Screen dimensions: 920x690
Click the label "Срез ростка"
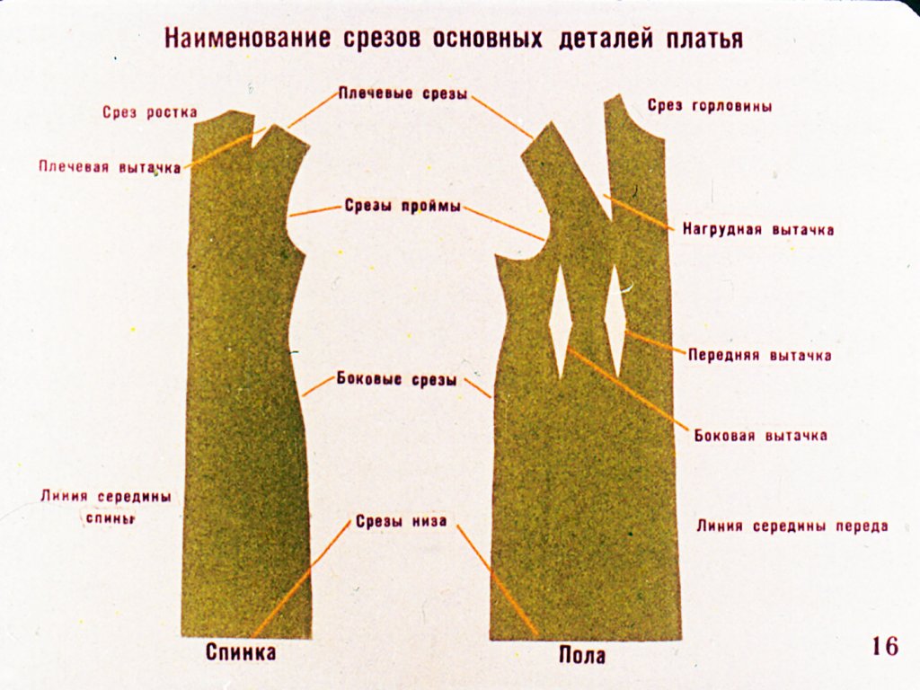point(150,112)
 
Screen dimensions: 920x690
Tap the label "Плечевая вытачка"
point(110,167)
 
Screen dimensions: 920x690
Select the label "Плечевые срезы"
point(403,93)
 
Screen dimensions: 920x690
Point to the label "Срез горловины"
point(710,106)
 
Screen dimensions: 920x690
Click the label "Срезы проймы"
point(402,207)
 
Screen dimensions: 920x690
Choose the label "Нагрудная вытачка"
point(758,229)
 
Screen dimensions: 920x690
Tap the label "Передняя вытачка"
point(760,356)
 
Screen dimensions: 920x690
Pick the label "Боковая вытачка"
point(761,436)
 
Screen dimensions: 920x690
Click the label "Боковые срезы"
point(396,380)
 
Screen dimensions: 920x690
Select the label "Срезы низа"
point(402,521)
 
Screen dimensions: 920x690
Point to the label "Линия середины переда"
point(792,526)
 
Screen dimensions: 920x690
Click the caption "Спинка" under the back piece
point(241,652)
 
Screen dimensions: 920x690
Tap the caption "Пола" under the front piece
point(582,655)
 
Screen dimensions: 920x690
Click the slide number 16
point(885,646)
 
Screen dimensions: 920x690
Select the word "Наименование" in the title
point(247,38)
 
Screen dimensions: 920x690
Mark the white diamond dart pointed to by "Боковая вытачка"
point(561,322)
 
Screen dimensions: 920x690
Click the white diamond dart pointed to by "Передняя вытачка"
point(615,321)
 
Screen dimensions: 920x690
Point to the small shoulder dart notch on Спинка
point(258,137)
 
